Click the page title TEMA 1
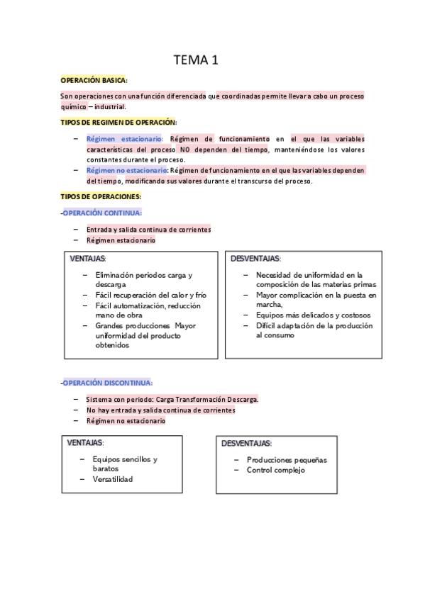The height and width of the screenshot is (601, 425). pos(196,60)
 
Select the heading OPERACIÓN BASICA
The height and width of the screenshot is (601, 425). pos(94,81)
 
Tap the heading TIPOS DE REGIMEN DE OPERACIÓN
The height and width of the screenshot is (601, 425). pos(118,123)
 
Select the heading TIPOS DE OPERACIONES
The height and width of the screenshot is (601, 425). pos(101,196)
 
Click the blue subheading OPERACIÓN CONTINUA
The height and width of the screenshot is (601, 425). pos(102,213)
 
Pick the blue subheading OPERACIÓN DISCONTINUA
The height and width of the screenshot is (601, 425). pos(107,383)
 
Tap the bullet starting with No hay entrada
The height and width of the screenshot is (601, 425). pos(160,410)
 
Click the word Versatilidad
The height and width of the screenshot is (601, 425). pos(112,479)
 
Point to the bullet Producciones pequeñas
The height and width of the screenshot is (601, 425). pos(287,459)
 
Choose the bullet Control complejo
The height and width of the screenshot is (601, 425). pos(275,470)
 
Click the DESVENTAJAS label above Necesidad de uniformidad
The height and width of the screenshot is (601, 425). pos(255,259)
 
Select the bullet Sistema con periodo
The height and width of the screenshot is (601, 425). pos(172,399)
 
